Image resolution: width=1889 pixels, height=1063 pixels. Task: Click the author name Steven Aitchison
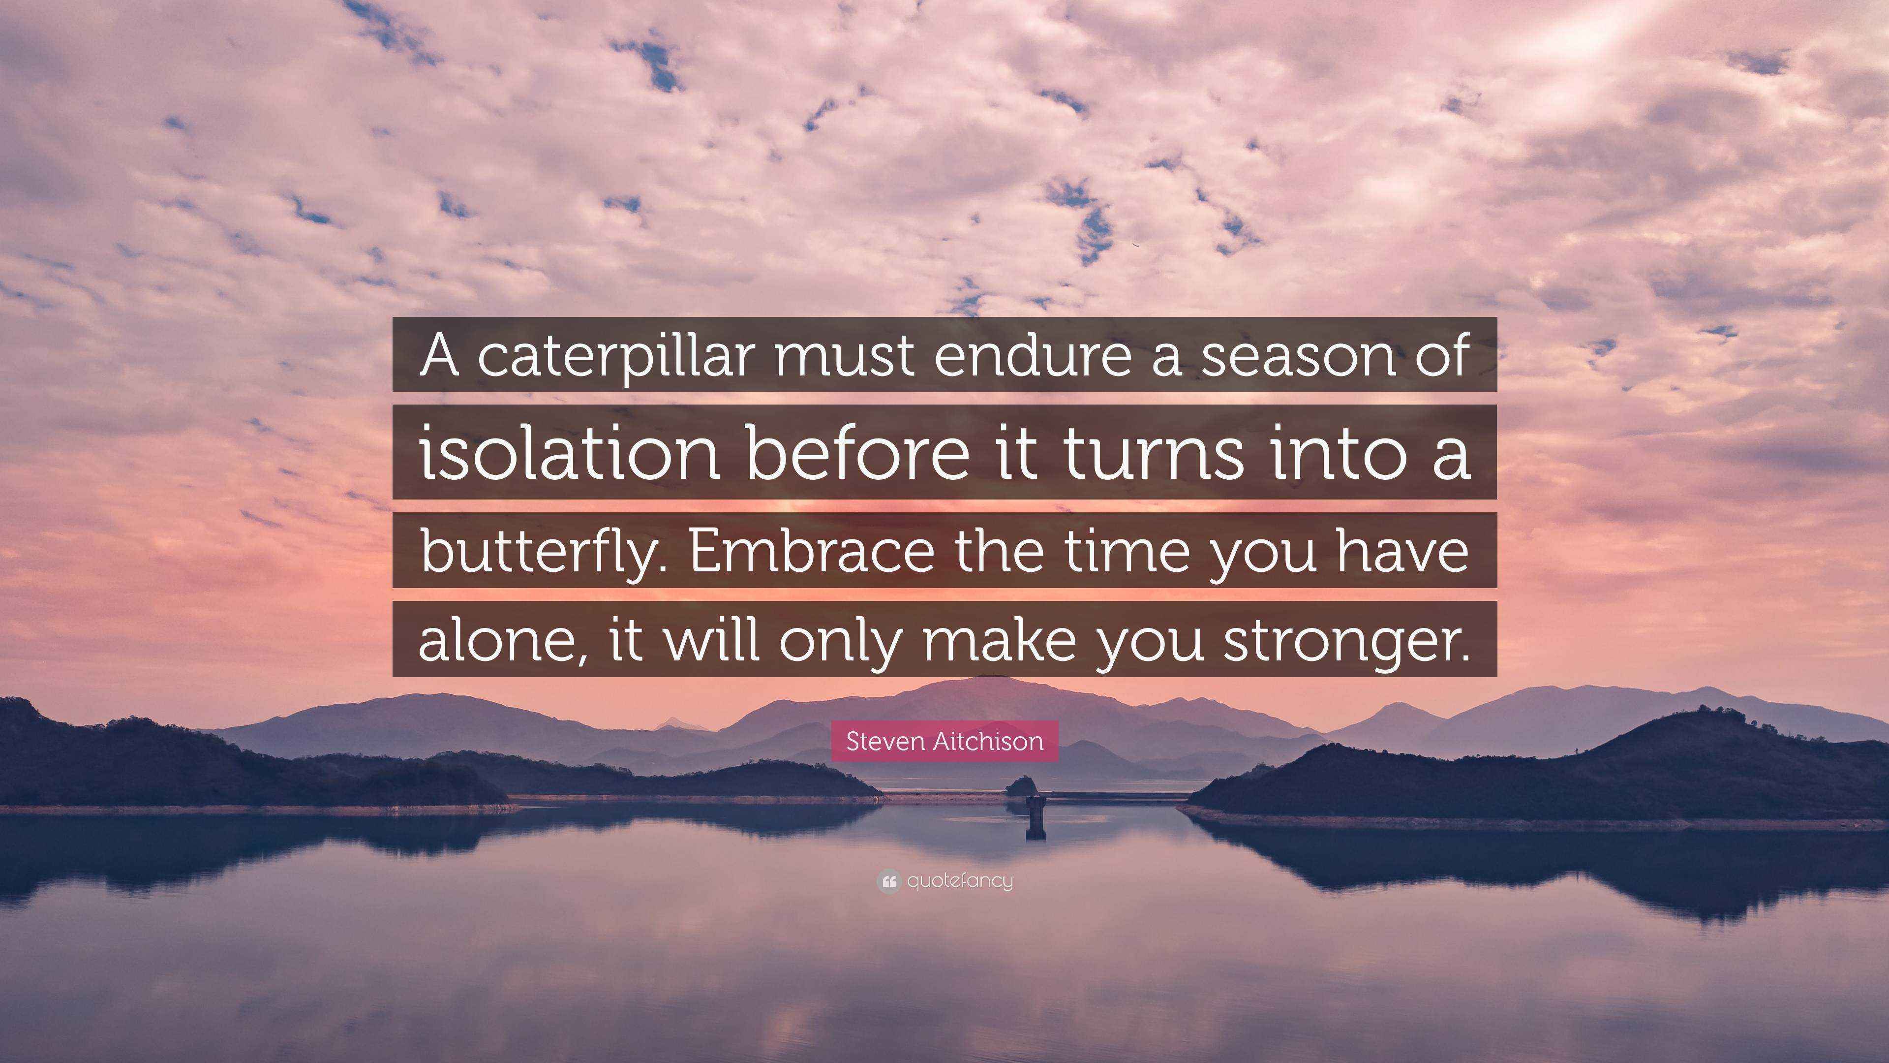944,741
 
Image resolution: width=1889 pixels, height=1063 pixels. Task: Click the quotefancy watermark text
960,881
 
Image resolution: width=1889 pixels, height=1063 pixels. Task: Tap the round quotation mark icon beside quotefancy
888,881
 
